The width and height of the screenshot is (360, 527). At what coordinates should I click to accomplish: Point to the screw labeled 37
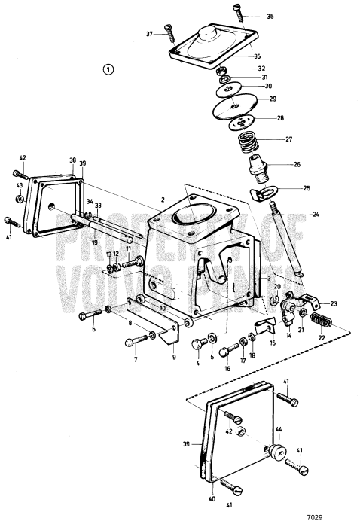(166, 34)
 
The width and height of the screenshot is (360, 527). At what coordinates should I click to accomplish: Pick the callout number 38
(73, 160)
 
